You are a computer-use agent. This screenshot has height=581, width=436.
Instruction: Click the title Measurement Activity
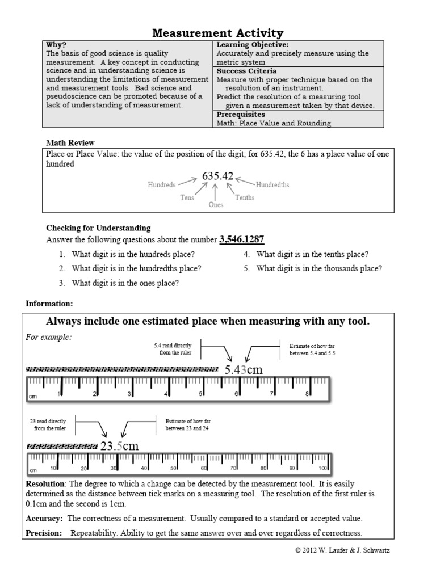219,33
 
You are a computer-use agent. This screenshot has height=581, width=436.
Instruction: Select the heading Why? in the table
56,45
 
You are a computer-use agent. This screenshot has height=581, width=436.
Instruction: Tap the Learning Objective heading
252,45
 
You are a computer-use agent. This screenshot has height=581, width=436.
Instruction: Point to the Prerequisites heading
241,114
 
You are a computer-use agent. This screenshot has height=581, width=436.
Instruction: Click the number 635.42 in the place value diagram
218,176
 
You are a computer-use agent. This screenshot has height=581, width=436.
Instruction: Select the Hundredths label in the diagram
272,185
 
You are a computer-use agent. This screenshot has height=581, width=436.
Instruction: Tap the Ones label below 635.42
216,205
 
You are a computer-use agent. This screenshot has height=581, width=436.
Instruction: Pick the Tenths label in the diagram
245,198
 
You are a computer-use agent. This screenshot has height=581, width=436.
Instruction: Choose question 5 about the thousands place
318,268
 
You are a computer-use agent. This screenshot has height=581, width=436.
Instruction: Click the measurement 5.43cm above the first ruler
243,370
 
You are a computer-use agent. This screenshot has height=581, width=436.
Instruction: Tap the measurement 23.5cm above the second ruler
119,446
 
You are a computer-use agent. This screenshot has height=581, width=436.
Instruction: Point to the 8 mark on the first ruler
307,394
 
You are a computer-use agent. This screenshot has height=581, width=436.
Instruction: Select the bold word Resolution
46,484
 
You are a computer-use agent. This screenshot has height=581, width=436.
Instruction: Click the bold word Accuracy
44,519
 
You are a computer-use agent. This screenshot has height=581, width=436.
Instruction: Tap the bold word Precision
45,533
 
